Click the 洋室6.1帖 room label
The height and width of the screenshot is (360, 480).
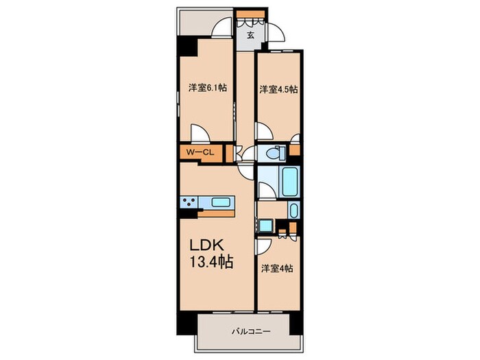(x=207, y=88)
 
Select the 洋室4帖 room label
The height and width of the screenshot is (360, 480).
(x=276, y=269)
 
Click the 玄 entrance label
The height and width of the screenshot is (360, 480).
(x=251, y=35)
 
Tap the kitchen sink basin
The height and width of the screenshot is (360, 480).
(x=221, y=202)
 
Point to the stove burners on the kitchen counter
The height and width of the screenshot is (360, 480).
(x=189, y=202)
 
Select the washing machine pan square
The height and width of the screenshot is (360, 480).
(x=265, y=226)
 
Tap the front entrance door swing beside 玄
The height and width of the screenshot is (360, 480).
(x=274, y=33)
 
